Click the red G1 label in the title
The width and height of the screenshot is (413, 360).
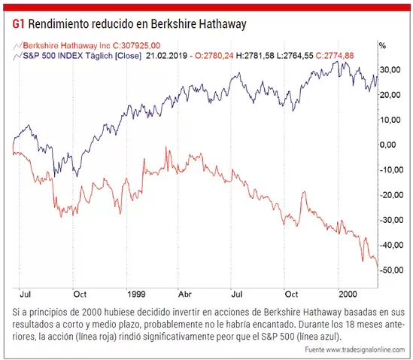pos(18,24)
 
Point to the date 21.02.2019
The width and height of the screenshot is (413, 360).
pos(166,56)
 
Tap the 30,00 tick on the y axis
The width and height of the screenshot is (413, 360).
pos(390,69)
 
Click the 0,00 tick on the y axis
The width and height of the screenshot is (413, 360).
pos(387,145)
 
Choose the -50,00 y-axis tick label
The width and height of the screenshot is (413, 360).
pos(391,270)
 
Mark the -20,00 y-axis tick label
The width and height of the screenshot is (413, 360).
pos(391,195)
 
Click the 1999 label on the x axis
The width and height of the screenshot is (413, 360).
pos(136,294)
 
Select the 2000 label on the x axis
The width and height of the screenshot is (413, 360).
pos(348,294)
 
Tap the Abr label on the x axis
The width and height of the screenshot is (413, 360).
pos(185,294)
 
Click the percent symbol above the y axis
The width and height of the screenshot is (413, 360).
pos(382,46)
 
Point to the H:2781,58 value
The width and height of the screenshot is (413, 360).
pos(255,56)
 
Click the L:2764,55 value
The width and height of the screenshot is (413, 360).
pos(295,56)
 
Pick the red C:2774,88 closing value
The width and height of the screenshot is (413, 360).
pos(335,56)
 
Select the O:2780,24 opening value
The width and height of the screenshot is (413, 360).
pos(214,56)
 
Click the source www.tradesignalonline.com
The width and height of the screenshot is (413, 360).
pos(366,349)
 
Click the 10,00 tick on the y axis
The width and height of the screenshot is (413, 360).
pos(390,120)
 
